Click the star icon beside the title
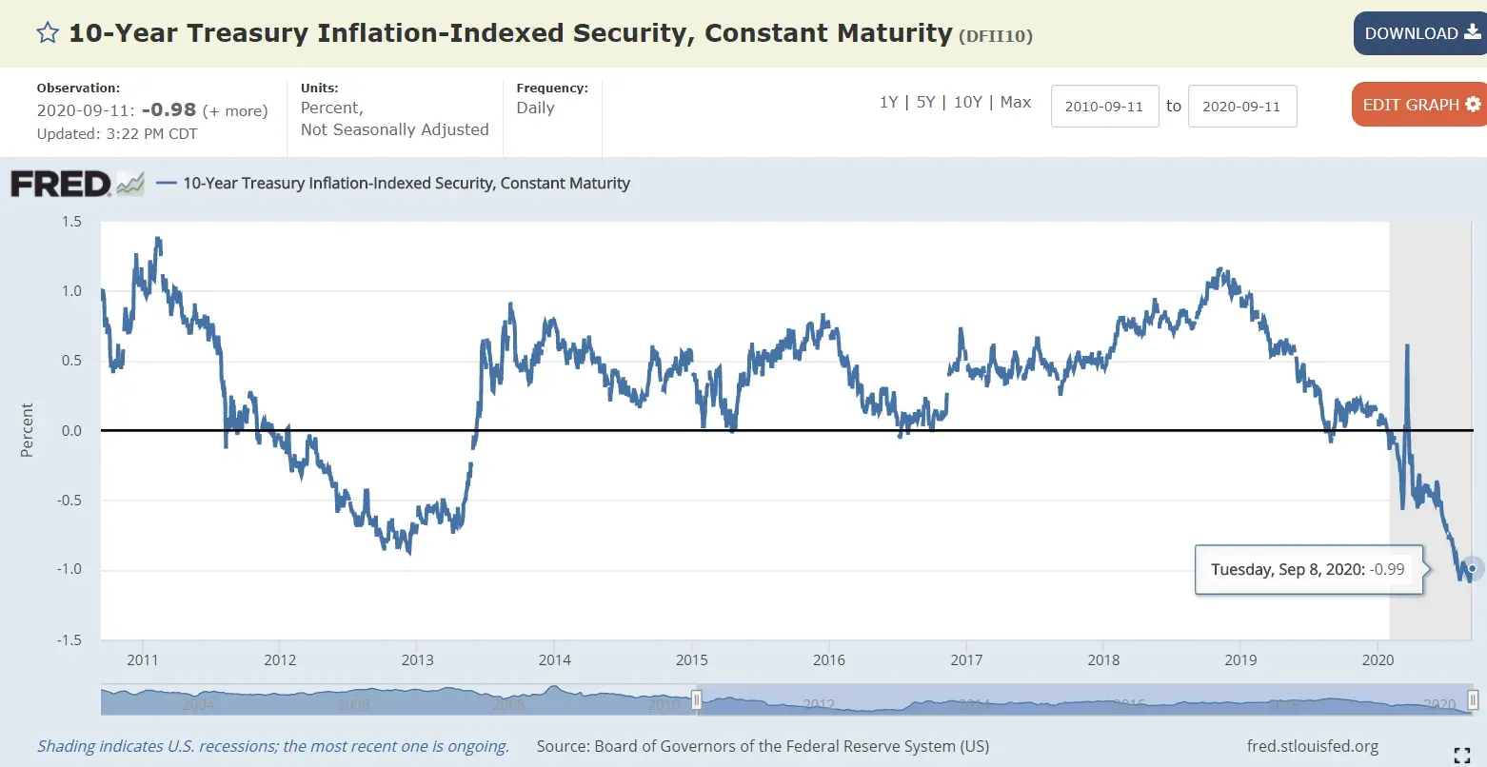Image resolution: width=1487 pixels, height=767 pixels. (x=48, y=33)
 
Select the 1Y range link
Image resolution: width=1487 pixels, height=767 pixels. (x=888, y=102)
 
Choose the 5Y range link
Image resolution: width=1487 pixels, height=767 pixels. (x=925, y=102)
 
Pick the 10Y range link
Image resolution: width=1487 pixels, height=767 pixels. (x=967, y=102)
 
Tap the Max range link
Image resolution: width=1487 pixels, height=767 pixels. (x=1016, y=102)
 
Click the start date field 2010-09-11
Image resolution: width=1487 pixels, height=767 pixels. (x=1104, y=107)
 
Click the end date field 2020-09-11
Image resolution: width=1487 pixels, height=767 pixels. (x=1241, y=107)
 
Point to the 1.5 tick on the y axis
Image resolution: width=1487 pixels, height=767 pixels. (x=71, y=222)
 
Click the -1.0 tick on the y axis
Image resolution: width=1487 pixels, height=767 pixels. (x=69, y=570)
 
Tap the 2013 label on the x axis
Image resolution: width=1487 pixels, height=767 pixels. (x=417, y=660)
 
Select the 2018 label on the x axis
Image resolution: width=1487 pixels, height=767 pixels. (x=1103, y=660)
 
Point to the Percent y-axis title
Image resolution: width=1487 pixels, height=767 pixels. (x=27, y=430)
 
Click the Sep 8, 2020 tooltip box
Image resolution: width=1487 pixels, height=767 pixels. (x=1307, y=570)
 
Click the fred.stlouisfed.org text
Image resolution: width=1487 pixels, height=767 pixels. (x=1312, y=747)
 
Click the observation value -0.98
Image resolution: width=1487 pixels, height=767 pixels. (x=169, y=110)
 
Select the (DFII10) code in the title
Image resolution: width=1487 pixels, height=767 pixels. (x=996, y=36)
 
